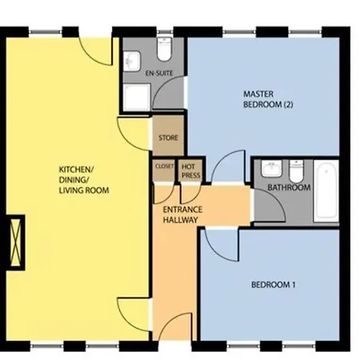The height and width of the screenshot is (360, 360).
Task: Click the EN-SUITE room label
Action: tap(159, 73)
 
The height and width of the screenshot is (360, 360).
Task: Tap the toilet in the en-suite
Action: tap(164, 49)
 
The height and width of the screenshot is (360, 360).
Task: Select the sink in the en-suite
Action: tap(131, 62)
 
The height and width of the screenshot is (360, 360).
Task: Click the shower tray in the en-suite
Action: tap(137, 98)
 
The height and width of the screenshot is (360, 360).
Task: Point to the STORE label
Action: tap(168, 138)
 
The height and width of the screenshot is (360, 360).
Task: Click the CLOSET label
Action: tap(164, 166)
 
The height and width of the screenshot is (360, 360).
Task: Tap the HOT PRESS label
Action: tap(191, 171)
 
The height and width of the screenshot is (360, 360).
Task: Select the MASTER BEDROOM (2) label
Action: tap(268, 99)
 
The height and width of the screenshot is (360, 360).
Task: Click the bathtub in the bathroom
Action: tap(326, 190)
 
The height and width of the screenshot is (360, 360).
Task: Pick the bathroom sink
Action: tap(271, 168)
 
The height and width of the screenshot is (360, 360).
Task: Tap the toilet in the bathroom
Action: tap(296, 171)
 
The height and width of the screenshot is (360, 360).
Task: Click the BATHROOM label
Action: tap(289, 187)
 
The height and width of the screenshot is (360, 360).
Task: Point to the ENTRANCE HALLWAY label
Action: tap(182, 214)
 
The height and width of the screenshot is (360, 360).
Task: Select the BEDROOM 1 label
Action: tap(274, 285)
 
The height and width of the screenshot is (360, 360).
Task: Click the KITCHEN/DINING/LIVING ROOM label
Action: tap(84, 180)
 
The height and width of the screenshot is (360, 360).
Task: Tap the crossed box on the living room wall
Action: tap(15, 242)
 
